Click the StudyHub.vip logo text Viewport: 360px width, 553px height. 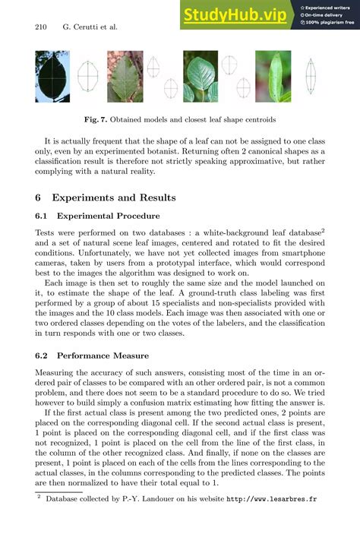click(235, 14)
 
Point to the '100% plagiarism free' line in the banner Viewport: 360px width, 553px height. click(327, 23)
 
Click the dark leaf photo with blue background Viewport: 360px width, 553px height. click(52, 76)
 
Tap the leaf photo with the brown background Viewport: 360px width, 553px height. click(125, 76)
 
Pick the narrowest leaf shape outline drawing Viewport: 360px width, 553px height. click(310, 76)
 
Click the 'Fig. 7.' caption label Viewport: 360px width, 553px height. click(98, 119)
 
